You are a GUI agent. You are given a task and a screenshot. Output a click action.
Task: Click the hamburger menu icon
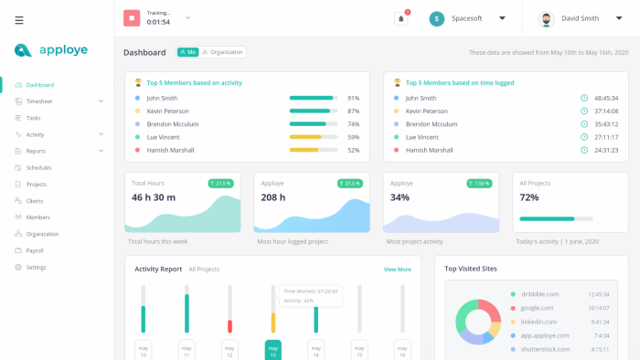[19, 20]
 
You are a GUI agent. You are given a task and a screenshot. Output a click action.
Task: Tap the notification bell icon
[400, 18]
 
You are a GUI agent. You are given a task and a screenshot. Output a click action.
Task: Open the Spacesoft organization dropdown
[502, 18]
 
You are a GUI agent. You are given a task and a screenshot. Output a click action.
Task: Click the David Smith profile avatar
[546, 18]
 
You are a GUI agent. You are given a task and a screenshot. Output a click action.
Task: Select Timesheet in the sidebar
[39, 101]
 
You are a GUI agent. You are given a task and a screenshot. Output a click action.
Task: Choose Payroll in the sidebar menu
[35, 250]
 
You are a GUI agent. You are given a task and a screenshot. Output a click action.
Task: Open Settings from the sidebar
[36, 267]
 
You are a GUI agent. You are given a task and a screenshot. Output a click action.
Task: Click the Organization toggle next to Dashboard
[223, 52]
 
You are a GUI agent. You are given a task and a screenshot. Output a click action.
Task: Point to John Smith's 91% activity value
[353, 98]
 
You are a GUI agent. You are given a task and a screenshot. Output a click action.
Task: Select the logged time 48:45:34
[606, 98]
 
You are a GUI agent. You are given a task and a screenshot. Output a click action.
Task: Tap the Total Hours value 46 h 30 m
[154, 197]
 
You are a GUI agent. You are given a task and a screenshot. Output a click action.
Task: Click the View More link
[397, 270]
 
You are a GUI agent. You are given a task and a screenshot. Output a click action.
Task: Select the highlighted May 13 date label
[273, 351]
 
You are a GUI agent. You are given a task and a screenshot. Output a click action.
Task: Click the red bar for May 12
[229, 325]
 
